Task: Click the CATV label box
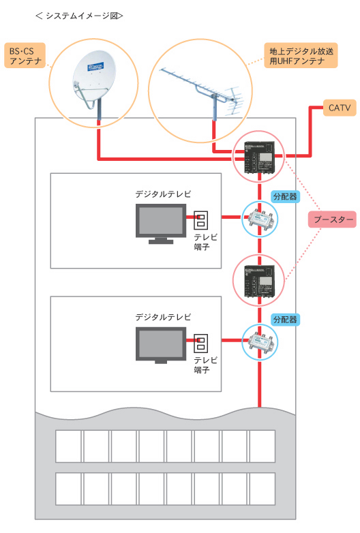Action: click(x=340, y=108)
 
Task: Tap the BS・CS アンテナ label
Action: click(x=25, y=55)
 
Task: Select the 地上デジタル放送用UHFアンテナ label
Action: click(x=301, y=55)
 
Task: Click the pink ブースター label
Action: click(x=332, y=219)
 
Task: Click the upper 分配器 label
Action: click(x=285, y=196)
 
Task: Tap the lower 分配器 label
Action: click(x=285, y=319)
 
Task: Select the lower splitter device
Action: click(x=260, y=342)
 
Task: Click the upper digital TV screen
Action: click(x=161, y=220)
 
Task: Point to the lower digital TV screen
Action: click(x=161, y=344)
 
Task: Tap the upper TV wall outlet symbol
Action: click(x=200, y=219)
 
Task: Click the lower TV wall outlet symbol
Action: click(x=200, y=343)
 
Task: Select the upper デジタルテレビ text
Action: click(x=163, y=194)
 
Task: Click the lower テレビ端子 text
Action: click(x=205, y=365)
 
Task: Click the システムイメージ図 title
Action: click(x=79, y=16)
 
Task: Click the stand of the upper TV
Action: click(x=161, y=241)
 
